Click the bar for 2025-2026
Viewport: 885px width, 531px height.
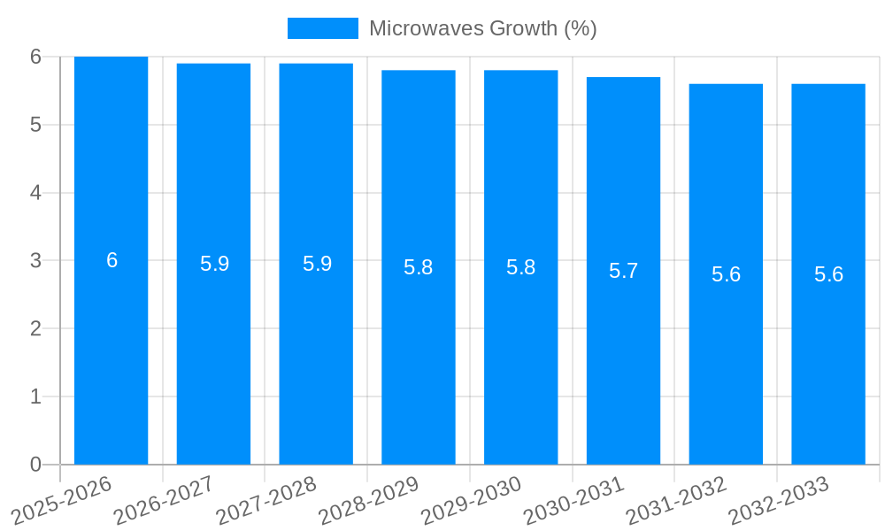pos(111,354)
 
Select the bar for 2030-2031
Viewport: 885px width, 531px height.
pos(623,354)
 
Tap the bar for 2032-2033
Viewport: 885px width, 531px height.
pos(828,354)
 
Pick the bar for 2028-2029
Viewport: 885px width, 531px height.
pos(418,354)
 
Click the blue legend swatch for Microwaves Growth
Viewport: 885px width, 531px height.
pos(322,28)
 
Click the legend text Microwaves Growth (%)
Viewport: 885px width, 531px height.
pos(482,28)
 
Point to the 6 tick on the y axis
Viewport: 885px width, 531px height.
pos(35,57)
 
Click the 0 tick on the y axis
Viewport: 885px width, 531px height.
pos(35,465)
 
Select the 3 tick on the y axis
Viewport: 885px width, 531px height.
pos(35,261)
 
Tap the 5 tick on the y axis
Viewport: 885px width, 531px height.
pos(35,125)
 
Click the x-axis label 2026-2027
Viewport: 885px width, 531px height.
pos(164,500)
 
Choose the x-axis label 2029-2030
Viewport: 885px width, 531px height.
pos(471,500)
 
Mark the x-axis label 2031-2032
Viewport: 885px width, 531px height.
pos(676,500)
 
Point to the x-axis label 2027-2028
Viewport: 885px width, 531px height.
pos(266,500)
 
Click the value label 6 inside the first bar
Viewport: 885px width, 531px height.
pos(112,260)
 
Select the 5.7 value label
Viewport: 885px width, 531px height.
pos(623,271)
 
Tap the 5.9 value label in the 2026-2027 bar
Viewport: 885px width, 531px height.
pos(214,264)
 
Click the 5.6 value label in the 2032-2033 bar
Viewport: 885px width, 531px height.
pos(828,274)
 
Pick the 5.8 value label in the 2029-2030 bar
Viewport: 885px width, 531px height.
pos(520,267)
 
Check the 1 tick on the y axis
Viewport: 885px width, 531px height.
pos(35,396)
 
